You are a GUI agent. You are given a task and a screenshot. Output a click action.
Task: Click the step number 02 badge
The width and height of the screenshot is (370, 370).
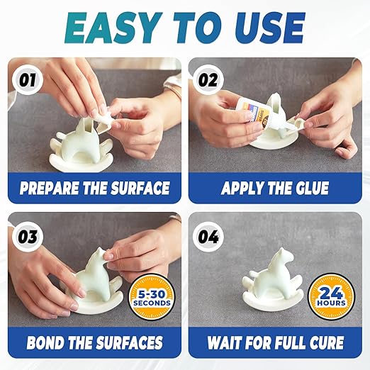(208, 79)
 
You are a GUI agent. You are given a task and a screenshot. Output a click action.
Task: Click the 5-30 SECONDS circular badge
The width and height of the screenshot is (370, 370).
(150, 296)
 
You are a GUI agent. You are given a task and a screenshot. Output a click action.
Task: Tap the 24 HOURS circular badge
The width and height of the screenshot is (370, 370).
(332, 296)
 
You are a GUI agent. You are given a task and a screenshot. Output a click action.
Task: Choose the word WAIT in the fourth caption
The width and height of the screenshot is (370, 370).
(226, 344)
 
